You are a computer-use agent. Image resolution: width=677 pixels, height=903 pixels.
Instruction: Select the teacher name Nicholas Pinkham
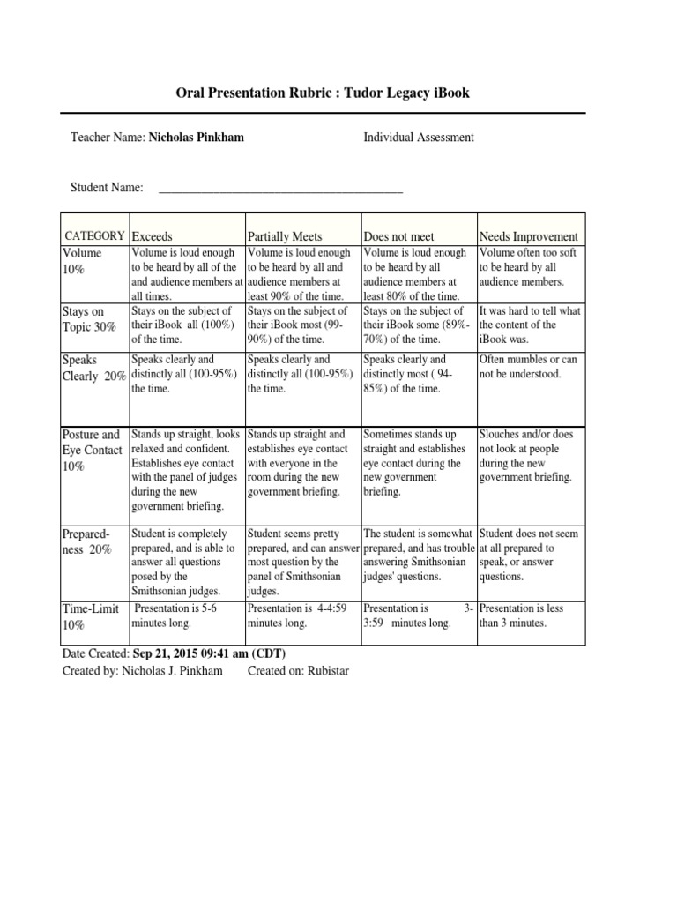coord(197,138)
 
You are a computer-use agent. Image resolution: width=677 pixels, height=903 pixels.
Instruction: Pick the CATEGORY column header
coord(94,235)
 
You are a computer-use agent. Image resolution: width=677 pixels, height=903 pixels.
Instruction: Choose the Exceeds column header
coord(153,236)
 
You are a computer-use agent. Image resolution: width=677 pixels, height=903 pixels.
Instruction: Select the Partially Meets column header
coord(285,236)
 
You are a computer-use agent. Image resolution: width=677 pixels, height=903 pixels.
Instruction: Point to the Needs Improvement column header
coord(528,236)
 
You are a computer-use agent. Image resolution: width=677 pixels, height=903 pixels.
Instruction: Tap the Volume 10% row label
coord(82,261)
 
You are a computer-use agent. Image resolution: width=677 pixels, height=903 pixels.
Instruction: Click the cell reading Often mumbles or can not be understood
coord(529,367)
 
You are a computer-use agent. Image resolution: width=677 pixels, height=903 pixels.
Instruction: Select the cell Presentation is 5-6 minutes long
coord(174,616)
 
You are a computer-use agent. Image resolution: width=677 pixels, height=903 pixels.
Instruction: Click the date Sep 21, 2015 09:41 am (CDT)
coord(209,653)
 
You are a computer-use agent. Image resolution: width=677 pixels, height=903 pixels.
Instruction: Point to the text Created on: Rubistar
coord(298,671)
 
